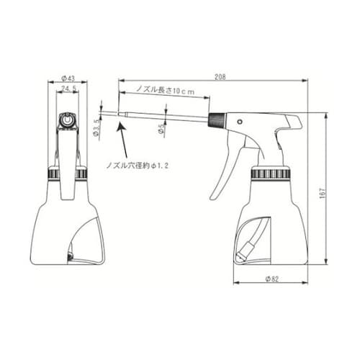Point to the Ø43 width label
point(69,78)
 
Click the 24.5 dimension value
point(70,89)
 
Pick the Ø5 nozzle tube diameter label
point(162,130)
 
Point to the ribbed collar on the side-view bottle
point(271,174)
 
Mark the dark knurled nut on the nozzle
point(216,120)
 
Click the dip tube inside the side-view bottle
point(252,238)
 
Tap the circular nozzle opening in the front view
point(68,121)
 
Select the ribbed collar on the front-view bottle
point(68,174)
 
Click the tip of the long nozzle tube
point(102,111)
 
